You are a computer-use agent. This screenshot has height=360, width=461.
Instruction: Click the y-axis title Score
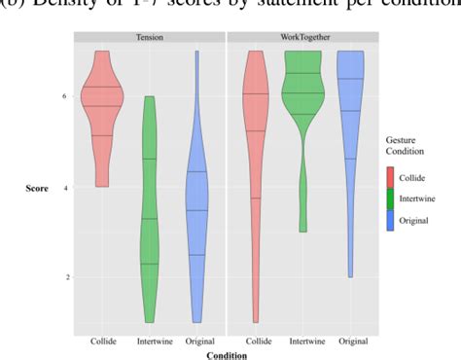pos(36,187)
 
